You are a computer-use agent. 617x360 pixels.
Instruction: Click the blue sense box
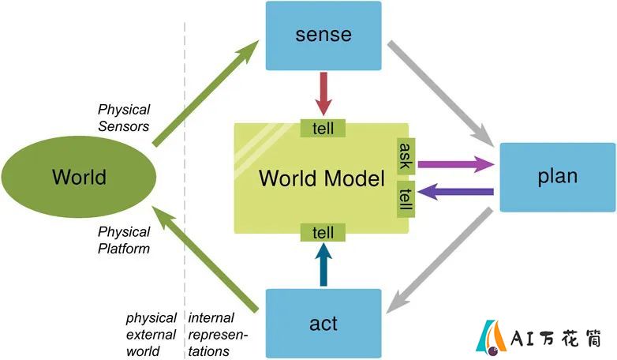tap(323, 36)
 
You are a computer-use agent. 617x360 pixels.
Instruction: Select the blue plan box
tap(558, 178)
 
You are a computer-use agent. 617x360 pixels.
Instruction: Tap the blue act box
tap(323, 324)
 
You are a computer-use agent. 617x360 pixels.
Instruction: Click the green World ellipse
tap(79, 177)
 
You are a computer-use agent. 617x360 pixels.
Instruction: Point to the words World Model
tap(322, 178)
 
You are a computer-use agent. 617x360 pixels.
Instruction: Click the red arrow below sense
tap(323, 94)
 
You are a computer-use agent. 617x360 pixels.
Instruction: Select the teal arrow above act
tap(323, 264)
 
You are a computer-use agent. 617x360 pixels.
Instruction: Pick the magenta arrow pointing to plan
tap(456, 164)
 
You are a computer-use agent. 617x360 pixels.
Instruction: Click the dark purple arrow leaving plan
tap(456, 192)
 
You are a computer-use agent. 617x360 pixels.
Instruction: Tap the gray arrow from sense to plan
tap(441, 93)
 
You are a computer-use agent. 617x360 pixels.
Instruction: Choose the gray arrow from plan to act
tap(439, 261)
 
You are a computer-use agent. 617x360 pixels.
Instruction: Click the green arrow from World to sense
tap(205, 93)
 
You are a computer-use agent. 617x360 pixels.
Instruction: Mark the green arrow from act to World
tap(205, 260)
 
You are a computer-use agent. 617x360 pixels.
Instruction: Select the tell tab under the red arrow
tap(323, 129)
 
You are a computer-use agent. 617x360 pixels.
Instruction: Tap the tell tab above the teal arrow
tap(323, 232)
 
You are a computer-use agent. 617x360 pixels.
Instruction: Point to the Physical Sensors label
tap(124, 118)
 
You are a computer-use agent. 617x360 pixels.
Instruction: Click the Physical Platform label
tap(124, 240)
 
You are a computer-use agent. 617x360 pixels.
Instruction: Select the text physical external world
tap(151, 335)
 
